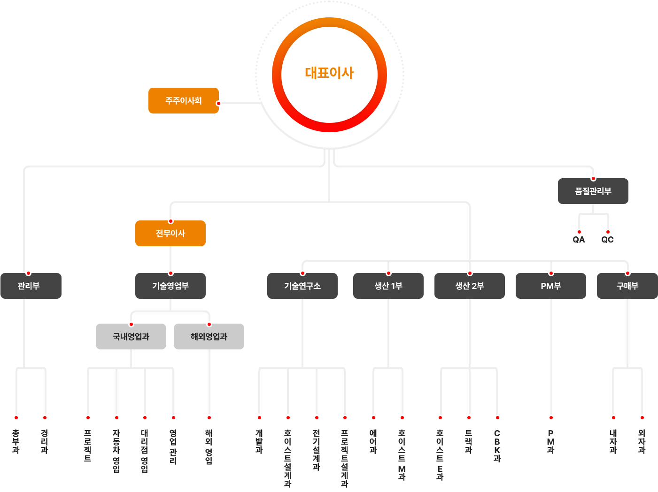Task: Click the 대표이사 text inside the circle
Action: tap(329, 73)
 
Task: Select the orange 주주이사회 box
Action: tap(183, 100)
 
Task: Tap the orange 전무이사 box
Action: tap(170, 233)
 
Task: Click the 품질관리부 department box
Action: tap(593, 191)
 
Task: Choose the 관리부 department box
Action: tap(29, 286)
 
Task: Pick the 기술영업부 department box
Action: tap(170, 286)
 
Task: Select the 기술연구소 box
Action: tap(302, 286)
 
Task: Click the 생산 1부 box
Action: tap(388, 286)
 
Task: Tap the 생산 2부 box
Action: tap(469, 286)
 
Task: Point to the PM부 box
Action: tap(550, 286)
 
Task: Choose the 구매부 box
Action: tap(627, 286)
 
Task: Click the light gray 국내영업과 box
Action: tap(131, 336)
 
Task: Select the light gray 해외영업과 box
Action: tap(209, 336)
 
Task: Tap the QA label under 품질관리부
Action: tap(579, 240)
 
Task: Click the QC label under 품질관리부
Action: tap(608, 240)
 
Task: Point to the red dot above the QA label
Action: tap(579, 232)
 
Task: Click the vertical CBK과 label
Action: tap(497, 446)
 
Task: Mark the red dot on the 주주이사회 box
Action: tap(218, 103)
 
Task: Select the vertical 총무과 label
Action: tap(16, 441)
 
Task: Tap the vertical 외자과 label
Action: tap(642, 441)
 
